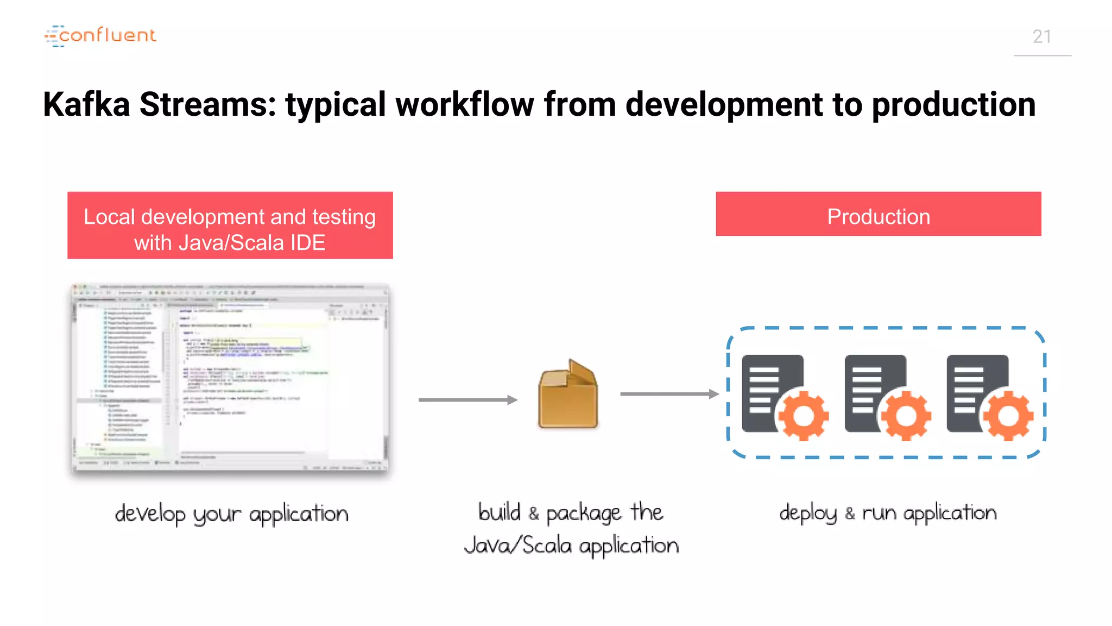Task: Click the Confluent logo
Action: click(100, 36)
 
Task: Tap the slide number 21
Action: click(1041, 37)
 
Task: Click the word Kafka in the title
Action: click(86, 104)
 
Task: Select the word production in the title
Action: click(953, 104)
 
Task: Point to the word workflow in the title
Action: click(465, 104)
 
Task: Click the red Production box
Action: click(878, 214)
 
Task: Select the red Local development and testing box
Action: click(230, 225)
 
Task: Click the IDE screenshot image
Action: click(230, 378)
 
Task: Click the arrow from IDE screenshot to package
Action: click(467, 400)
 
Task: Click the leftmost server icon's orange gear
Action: click(804, 416)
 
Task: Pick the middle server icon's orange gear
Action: click(906, 416)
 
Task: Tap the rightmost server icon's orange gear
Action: click(1008, 416)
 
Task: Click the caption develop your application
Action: click(231, 514)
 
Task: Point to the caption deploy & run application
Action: click(888, 513)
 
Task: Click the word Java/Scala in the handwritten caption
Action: click(518, 545)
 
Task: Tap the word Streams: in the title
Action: click(208, 104)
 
